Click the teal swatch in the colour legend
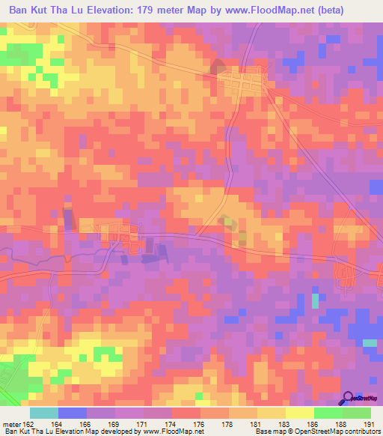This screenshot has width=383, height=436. point(44,414)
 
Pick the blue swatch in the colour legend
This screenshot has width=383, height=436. point(73,414)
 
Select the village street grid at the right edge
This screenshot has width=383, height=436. point(346,275)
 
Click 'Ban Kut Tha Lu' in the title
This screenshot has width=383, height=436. point(49,10)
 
